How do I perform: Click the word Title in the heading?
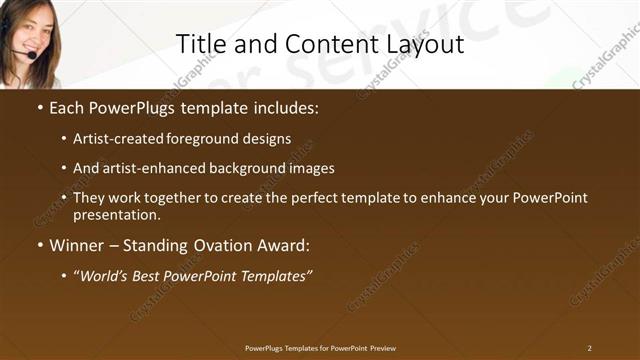click(198, 44)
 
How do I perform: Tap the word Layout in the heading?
click(427, 44)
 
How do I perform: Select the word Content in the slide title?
click(327, 44)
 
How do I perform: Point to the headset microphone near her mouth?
click(33, 56)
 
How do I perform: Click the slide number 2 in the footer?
click(589, 347)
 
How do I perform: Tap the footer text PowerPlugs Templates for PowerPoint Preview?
click(320, 347)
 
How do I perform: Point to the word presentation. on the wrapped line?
click(116, 214)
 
